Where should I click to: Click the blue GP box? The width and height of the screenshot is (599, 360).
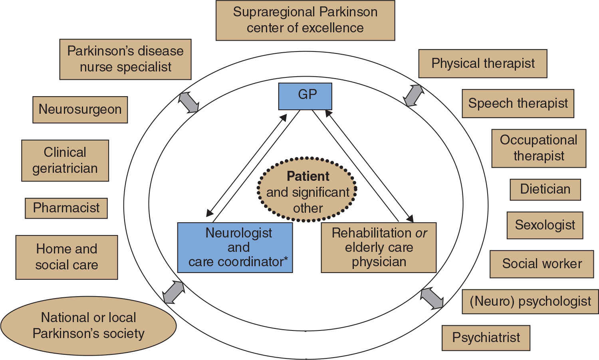(305, 96)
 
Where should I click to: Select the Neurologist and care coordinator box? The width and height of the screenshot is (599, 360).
(235, 247)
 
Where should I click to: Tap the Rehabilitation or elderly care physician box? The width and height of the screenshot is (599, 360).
(379, 247)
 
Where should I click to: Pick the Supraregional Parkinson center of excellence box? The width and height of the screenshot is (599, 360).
(305, 20)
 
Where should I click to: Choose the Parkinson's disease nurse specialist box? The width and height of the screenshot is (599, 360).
(125, 59)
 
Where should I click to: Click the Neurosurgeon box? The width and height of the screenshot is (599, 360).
(80, 109)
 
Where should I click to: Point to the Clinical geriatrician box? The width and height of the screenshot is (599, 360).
(65, 160)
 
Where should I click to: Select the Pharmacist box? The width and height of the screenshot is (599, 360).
(66, 208)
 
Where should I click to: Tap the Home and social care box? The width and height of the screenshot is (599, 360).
(67, 257)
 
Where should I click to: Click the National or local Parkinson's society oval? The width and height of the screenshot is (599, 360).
(88, 326)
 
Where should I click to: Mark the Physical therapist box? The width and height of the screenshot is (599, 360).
(482, 63)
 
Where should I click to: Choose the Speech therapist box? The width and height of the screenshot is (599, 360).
(518, 103)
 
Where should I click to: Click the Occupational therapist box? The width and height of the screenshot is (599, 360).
(539, 148)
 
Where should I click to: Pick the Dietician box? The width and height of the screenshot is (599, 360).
(545, 189)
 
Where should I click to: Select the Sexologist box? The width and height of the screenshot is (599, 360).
(545, 225)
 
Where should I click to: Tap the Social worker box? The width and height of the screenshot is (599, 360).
(541, 264)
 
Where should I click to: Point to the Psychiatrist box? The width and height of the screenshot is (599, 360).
(486, 338)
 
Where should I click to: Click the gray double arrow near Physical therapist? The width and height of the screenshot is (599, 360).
(413, 95)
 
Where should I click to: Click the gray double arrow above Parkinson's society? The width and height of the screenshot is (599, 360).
(174, 292)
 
